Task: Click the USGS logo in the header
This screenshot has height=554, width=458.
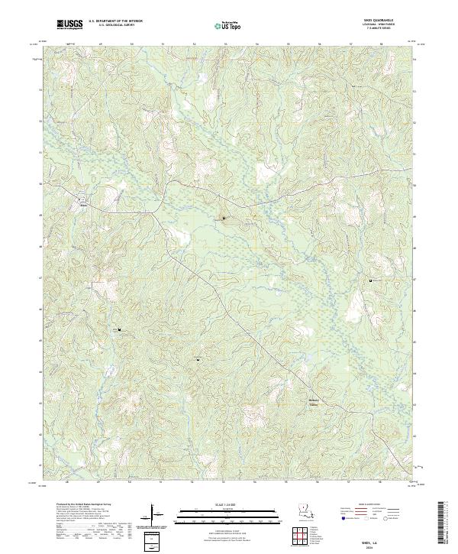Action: (70, 25)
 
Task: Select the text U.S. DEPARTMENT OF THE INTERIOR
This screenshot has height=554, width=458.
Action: (114, 23)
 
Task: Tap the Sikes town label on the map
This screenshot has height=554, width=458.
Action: (84, 204)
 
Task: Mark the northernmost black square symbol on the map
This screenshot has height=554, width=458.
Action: (224, 218)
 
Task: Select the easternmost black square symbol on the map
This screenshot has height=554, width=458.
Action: (371, 281)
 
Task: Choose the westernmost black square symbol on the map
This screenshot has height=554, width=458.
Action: (119, 329)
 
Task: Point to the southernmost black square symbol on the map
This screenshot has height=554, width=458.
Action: (198, 359)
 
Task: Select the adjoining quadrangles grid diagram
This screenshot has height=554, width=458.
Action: (298, 538)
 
